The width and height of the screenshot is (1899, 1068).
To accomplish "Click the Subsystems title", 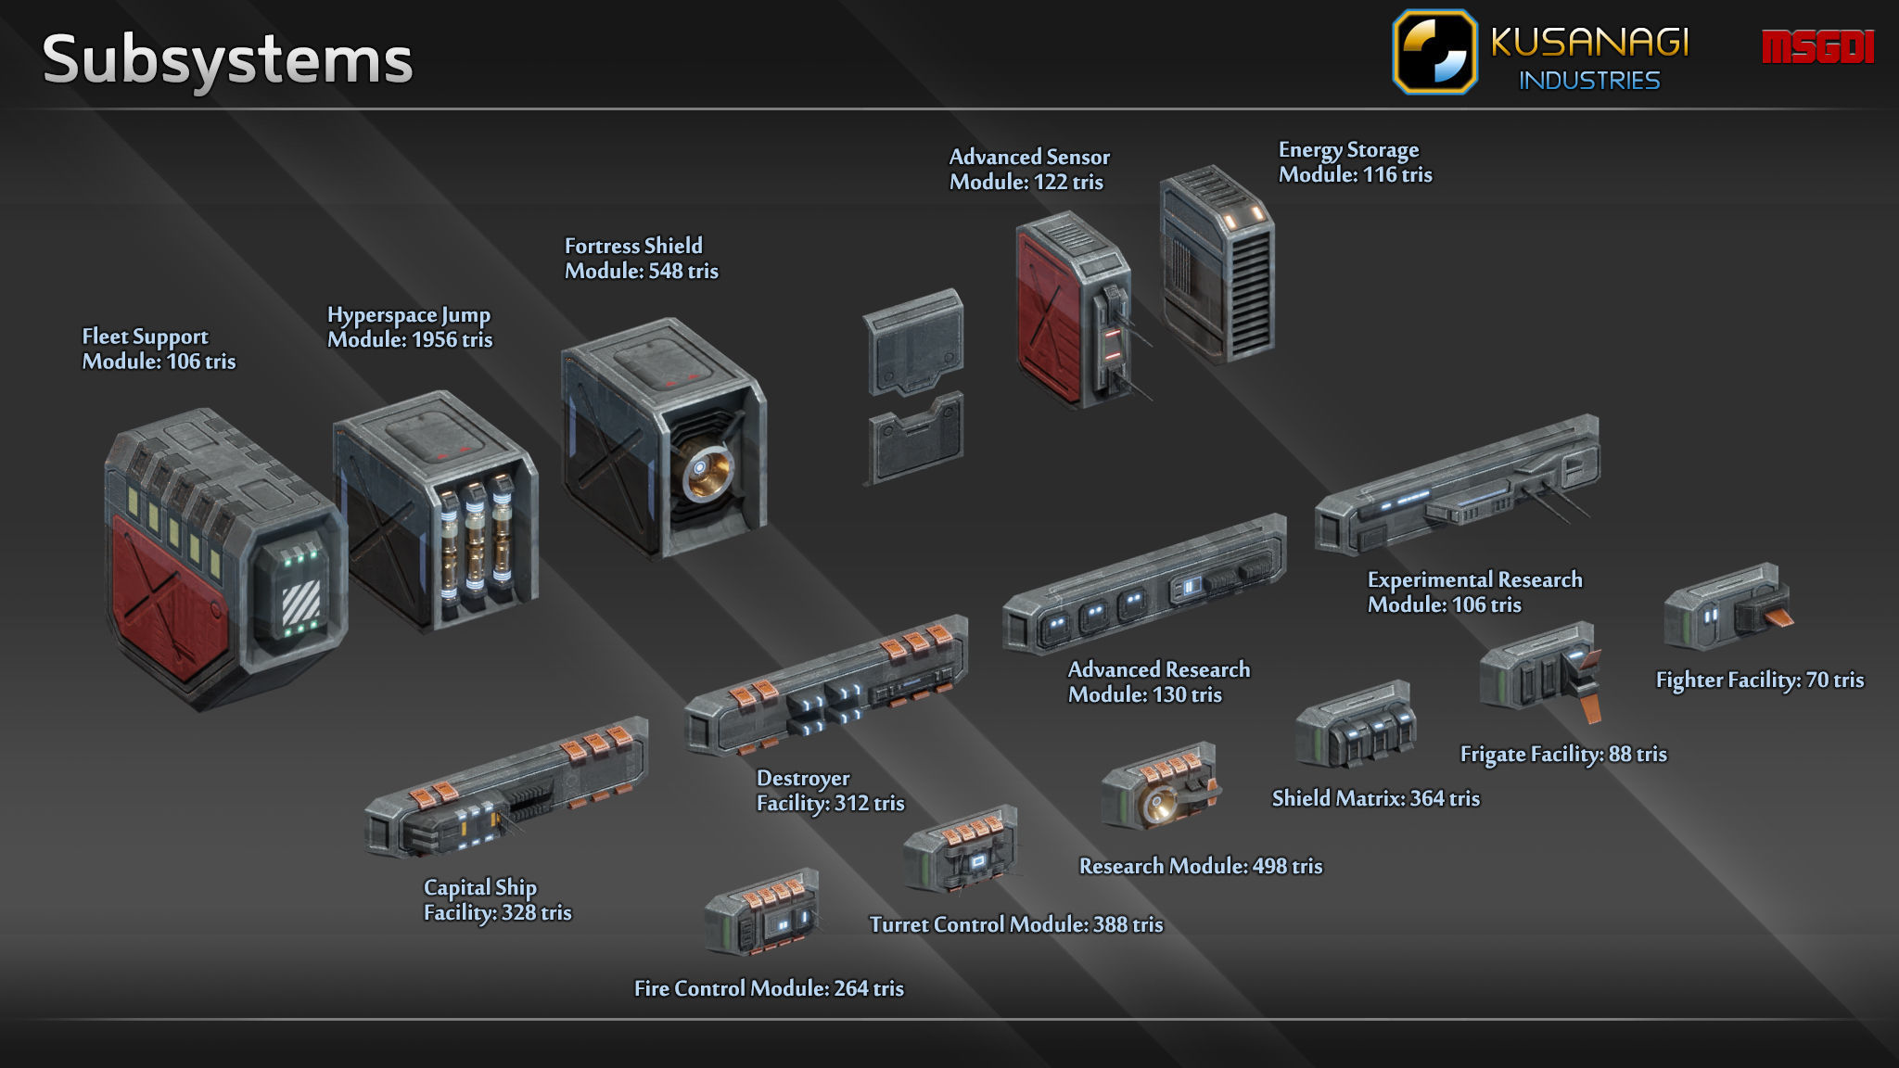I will click(x=227, y=60).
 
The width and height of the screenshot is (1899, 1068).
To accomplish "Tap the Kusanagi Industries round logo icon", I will click(x=1434, y=52).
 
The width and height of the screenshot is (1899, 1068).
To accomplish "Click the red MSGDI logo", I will click(x=1817, y=47).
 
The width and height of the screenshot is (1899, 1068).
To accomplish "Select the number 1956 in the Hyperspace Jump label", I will click(x=434, y=340).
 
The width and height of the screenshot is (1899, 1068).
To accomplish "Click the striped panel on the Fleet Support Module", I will click(x=300, y=600).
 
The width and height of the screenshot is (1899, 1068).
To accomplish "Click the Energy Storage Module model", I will click(x=1217, y=264).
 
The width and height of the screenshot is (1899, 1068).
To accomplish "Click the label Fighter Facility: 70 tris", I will click(x=1759, y=680).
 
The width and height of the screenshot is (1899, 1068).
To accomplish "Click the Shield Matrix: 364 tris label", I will click(x=1375, y=798).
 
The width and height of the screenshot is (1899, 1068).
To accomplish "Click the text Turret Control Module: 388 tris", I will click(x=1015, y=924).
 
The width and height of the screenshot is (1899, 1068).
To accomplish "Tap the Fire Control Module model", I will click(x=762, y=912).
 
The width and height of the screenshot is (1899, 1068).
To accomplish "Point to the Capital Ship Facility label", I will click(x=497, y=900).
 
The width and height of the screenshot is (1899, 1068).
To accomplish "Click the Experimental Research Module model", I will click(x=1456, y=487).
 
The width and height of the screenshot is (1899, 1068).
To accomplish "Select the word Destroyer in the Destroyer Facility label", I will click(x=803, y=779).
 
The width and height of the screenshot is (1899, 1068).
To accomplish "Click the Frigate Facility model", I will click(x=1539, y=670).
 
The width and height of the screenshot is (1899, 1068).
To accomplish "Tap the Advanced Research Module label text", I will click(x=1158, y=682).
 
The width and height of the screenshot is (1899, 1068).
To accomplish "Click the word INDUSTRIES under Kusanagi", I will click(x=1588, y=81).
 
